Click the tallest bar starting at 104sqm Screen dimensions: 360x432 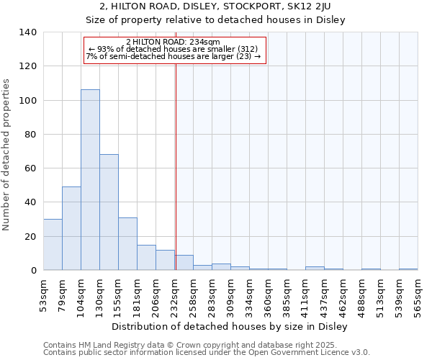point(90,180)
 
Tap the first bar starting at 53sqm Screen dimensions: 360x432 point(53,245)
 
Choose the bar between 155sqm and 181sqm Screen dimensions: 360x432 point(127,244)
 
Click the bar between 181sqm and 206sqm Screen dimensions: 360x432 point(146,258)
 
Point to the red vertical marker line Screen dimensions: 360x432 point(176,180)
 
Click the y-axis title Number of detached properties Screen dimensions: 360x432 point(7,155)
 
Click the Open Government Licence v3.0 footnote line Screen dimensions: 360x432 point(207,353)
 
